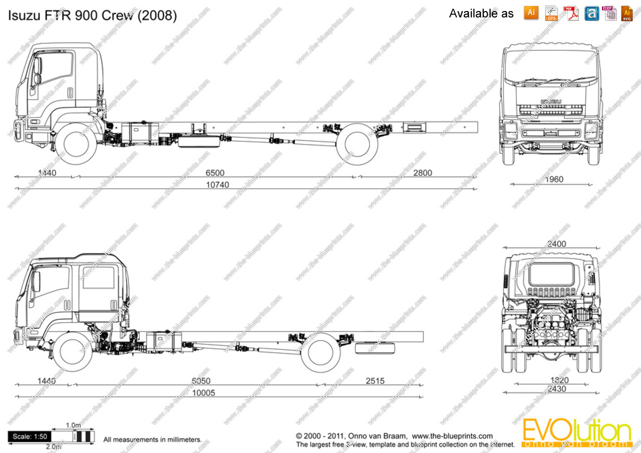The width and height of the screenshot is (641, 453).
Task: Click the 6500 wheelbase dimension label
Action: click(215, 173)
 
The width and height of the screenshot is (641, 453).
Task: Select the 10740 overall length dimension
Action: click(218, 185)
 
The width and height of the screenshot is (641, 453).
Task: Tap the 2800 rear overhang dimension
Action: click(422, 173)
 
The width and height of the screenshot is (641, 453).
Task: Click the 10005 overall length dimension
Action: click(204, 393)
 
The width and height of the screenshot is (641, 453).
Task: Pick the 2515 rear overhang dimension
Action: click(375, 381)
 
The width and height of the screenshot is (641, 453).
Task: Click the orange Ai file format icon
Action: click(531, 13)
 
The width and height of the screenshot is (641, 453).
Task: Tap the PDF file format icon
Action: click(571, 13)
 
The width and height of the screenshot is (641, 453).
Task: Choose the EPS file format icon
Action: click(551, 13)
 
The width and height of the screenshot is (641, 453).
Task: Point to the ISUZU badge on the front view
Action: click(551, 102)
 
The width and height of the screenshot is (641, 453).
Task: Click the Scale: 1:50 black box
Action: click(31, 437)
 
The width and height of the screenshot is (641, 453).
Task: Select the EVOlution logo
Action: click(576, 433)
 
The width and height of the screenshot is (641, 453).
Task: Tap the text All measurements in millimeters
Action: click(152, 440)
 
